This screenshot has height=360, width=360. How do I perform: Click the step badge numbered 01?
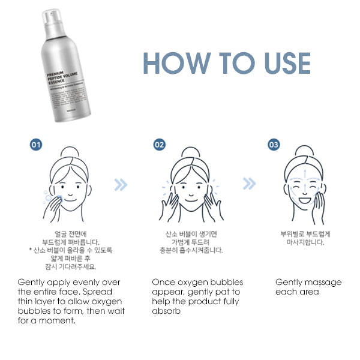[37, 145]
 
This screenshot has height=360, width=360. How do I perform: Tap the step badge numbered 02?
[159, 145]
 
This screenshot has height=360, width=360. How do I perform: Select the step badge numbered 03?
[274, 145]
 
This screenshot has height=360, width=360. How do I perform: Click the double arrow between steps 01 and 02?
[121, 184]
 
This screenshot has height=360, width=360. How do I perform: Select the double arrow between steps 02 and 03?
[249, 184]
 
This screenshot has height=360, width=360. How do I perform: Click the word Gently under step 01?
[32, 282]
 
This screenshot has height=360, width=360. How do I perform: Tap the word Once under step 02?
[163, 282]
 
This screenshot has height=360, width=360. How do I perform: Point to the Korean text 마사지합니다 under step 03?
[306, 243]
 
